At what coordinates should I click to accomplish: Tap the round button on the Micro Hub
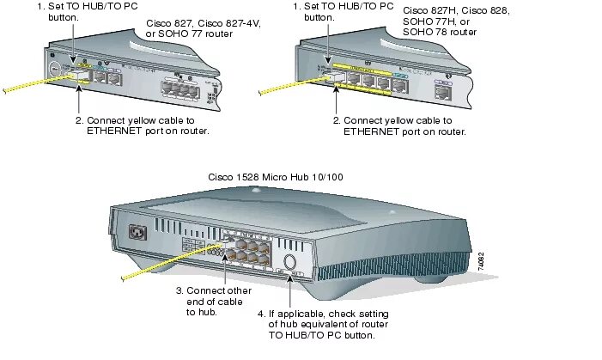point(290,262)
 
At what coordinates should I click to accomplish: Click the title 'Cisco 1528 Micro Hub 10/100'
point(276,176)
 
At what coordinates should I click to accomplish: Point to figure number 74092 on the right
point(481,263)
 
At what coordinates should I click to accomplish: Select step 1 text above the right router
point(338,11)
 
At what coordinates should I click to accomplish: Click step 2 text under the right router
point(403,125)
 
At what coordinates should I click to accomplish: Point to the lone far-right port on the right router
point(444,90)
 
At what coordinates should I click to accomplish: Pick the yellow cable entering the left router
point(34,83)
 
